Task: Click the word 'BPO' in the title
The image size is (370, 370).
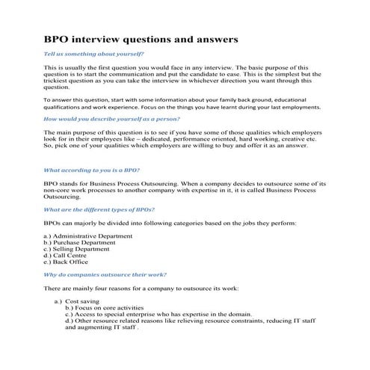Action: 58,37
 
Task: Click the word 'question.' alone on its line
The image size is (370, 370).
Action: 57,87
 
